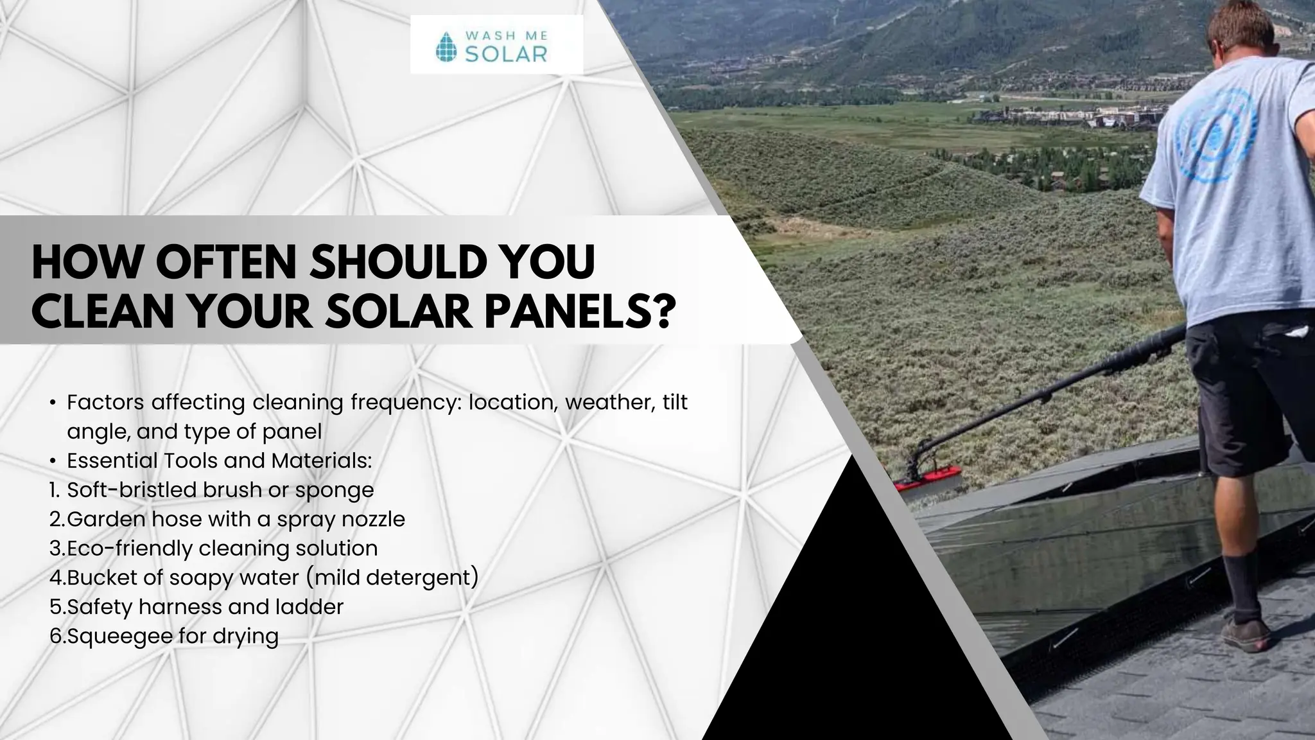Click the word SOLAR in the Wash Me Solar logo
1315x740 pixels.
pos(505,54)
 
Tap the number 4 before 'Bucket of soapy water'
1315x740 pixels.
pos(55,577)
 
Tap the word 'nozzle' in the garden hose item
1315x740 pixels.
pos(373,519)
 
